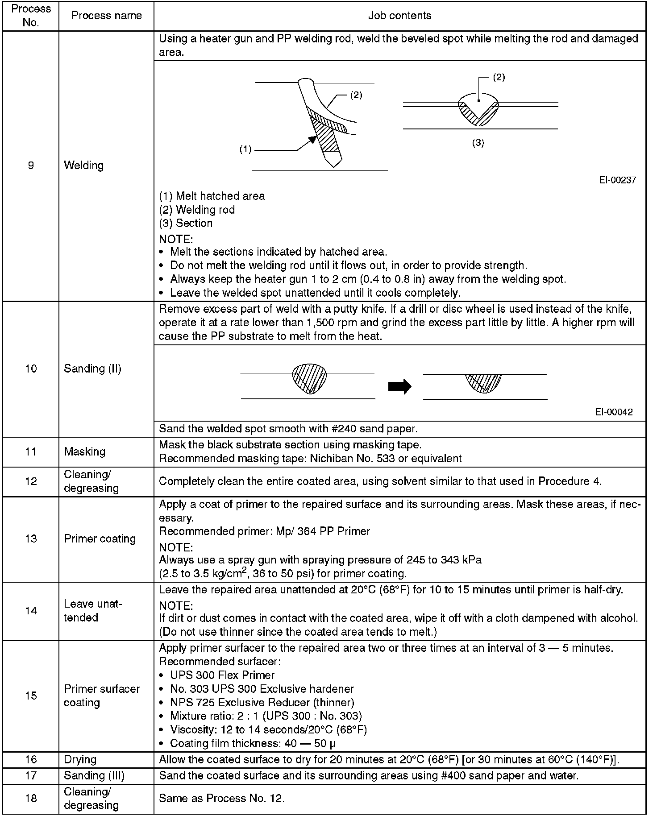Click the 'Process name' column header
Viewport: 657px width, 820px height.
pyautogui.click(x=106, y=16)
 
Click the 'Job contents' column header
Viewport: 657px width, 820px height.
pyautogui.click(x=399, y=16)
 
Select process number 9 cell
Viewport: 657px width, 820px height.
pyautogui.click(x=31, y=166)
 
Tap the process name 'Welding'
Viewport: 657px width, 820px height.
pyautogui.click(x=84, y=166)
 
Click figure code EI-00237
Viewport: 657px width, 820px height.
pyautogui.click(x=617, y=180)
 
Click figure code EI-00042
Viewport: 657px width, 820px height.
pyautogui.click(x=614, y=412)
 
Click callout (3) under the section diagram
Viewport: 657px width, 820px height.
pyautogui.click(x=478, y=143)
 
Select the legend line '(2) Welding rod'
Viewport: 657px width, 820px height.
pyautogui.click(x=197, y=210)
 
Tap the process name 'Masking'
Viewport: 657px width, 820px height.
pyautogui.click(x=85, y=451)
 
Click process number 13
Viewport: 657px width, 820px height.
pyautogui.click(x=31, y=538)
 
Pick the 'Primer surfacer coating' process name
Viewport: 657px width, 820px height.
pyautogui.click(x=102, y=696)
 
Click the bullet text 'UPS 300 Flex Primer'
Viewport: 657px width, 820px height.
pyautogui.click(x=222, y=675)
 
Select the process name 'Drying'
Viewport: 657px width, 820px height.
pyautogui.click(x=80, y=759)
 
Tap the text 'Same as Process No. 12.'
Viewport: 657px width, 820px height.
pyautogui.click(x=221, y=798)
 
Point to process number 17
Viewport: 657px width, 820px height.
pyautogui.click(x=31, y=775)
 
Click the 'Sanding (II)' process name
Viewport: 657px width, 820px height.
pyautogui.click(x=92, y=369)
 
